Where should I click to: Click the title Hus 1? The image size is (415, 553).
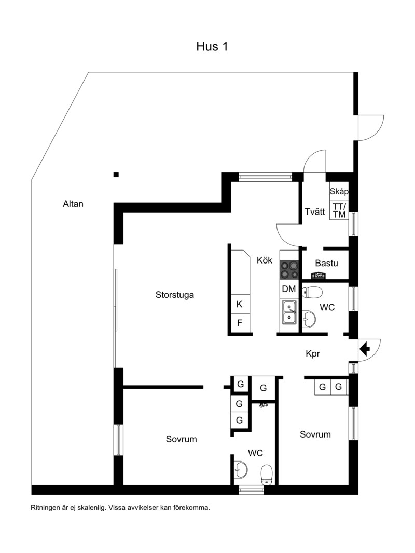[x=212, y=47]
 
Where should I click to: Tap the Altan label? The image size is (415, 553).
[x=73, y=204]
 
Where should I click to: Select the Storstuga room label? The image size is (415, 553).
[x=175, y=295]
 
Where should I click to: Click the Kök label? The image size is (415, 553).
[x=265, y=260]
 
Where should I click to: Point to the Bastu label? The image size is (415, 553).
[x=326, y=263]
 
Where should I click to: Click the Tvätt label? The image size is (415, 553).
[x=315, y=212]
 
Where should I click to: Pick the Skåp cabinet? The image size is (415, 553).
[x=339, y=191]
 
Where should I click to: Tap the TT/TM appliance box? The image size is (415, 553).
[x=339, y=210]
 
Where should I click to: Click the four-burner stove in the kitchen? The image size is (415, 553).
[x=289, y=270]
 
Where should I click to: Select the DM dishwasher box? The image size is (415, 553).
[x=289, y=289]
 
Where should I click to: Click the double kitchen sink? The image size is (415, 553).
[x=289, y=312]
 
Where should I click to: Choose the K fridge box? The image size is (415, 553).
[x=240, y=304]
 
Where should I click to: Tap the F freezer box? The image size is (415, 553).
[x=240, y=323]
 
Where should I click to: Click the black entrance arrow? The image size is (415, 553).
[x=365, y=349]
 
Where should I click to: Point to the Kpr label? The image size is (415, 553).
[x=313, y=354]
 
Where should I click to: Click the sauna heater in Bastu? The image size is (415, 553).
[x=319, y=275]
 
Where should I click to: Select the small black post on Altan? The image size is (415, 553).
[x=116, y=174]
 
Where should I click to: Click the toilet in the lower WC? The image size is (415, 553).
[x=267, y=475]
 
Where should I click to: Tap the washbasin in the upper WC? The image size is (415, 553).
[x=309, y=319]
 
